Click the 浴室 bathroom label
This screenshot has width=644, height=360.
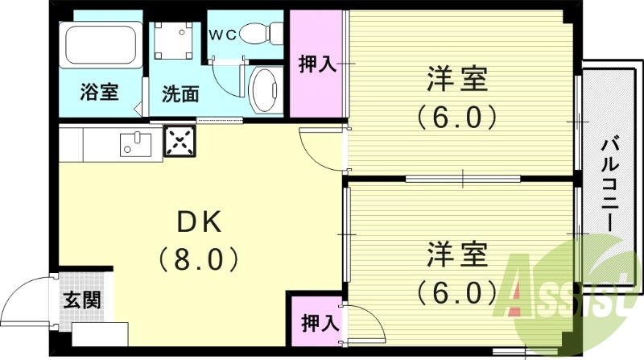pyautogui.click(x=99, y=92)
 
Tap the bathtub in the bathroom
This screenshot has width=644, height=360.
pyautogui.click(x=100, y=47)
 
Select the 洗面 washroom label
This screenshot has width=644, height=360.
pyautogui.click(x=180, y=93)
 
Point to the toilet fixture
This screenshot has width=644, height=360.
pyautogui.click(x=262, y=33)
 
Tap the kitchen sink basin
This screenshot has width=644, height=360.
pyautogui.click(x=136, y=144)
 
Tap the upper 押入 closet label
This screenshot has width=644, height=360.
pyautogui.click(x=317, y=64)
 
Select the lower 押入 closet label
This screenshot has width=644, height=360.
pyautogui.click(x=318, y=323)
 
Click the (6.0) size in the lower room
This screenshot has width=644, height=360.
pyautogui.click(x=456, y=289)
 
